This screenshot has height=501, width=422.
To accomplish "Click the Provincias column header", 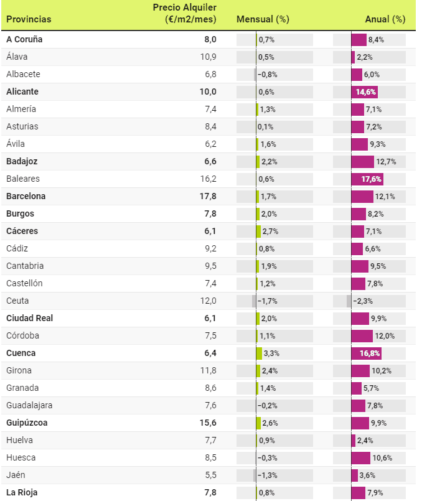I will (29, 19).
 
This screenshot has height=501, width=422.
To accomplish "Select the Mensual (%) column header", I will (263, 19).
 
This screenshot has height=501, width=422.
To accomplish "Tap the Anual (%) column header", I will (385, 19).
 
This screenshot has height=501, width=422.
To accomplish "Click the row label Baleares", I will (23, 179).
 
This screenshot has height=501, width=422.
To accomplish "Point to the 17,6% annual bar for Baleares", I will (367, 179).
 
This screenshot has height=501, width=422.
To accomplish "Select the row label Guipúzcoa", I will (27, 423).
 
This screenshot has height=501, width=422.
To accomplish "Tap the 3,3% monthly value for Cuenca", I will (271, 353).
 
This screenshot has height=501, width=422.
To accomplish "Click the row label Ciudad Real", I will (29, 318).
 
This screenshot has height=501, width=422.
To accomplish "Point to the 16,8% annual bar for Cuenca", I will (367, 353).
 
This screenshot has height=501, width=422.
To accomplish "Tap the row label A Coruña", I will (24, 39).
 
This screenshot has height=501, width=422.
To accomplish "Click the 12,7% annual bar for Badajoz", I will (363, 161).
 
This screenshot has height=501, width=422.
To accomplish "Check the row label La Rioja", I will (22, 492).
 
